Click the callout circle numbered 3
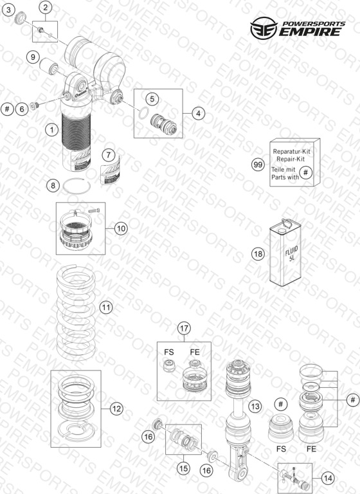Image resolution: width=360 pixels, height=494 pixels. [8, 10]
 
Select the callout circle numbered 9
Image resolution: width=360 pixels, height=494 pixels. [33, 57]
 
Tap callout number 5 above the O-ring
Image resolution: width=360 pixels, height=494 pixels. [152, 99]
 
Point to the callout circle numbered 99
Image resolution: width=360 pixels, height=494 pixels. [258, 165]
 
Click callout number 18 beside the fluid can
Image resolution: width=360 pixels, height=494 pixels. [258, 253]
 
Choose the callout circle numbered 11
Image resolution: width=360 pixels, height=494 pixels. [106, 307]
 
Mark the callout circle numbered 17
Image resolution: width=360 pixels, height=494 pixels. [184, 329]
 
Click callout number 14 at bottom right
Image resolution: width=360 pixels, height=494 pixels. [328, 479]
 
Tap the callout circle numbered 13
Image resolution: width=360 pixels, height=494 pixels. [255, 407]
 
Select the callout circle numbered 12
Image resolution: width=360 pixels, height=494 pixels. [116, 408]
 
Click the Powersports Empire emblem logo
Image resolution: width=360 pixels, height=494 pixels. [264, 28]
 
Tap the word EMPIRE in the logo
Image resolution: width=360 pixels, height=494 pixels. [310, 32]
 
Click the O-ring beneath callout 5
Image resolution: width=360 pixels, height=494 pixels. [143, 113]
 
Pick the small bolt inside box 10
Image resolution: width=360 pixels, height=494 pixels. [94, 210]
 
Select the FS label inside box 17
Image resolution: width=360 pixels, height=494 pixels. [169, 352]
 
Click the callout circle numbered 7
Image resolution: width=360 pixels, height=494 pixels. [109, 154]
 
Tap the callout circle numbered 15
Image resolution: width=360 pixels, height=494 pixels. [184, 468]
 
